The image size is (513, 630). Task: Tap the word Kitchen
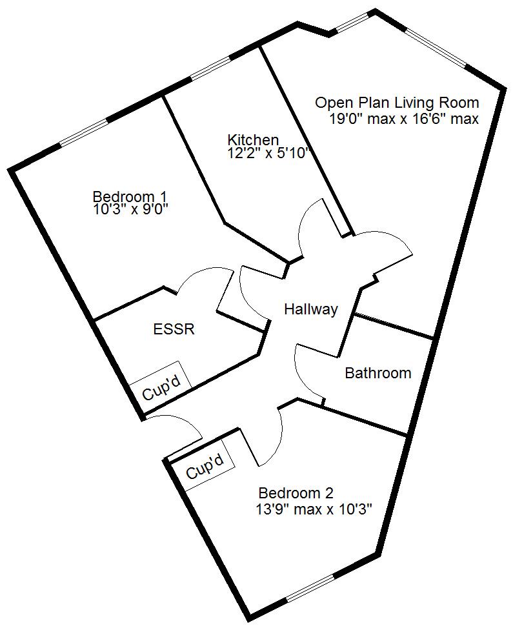pyautogui.click(x=253, y=140)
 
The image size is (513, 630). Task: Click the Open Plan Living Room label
pyautogui.click(x=397, y=103)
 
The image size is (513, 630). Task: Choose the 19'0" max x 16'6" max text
pyautogui.click(x=404, y=119)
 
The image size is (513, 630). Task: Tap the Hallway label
pyautogui.click(x=311, y=310)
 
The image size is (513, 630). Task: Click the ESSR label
pyautogui.click(x=174, y=329)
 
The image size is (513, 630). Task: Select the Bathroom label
pyautogui.click(x=377, y=373)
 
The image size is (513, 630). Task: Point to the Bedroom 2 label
pyautogui.click(x=296, y=494)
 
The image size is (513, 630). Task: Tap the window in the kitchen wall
pyautogui.click(x=210, y=69)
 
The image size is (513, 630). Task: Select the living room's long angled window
pyautogui.click(x=434, y=47)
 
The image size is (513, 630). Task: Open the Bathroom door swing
pyautogui.click(x=307, y=368)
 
